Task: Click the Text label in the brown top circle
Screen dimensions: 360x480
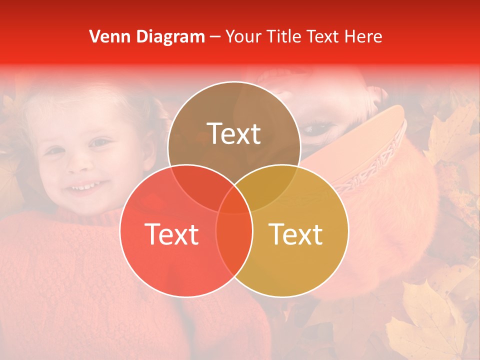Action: point(234,134)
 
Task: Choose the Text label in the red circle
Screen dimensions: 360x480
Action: point(171,234)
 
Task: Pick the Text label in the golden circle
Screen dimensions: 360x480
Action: point(296,234)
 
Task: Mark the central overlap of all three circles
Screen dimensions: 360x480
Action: point(234,200)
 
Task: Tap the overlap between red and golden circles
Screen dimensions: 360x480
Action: point(234,240)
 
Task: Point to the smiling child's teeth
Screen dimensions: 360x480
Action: point(85,188)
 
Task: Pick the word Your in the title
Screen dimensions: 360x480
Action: point(241,36)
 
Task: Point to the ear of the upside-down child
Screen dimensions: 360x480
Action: point(375,97)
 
